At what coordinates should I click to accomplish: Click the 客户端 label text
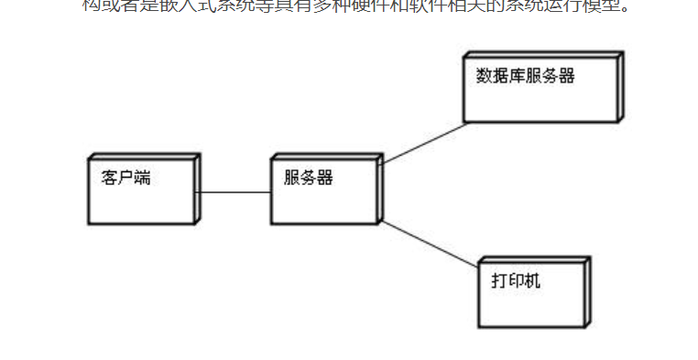125,179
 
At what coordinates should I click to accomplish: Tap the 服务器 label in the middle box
308,179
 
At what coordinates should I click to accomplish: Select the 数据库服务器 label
525,76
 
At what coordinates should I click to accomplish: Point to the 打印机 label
516,280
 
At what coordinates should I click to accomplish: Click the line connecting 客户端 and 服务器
235,192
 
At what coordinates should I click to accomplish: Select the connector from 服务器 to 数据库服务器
422,144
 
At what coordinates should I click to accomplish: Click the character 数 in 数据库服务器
484,76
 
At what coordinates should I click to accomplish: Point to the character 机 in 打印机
532,280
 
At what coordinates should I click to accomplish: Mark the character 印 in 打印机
516,280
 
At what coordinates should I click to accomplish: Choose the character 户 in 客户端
125,179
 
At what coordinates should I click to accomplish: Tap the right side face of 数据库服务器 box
620,86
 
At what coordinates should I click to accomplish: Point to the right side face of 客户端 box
197,188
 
